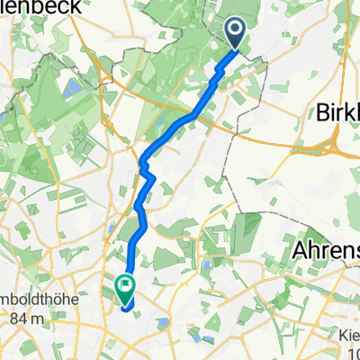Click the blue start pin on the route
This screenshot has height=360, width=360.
[x=236, y=34]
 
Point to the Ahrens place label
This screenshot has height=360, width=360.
[x=326, y=248]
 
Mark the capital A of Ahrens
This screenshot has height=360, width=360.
[x=300, y=248]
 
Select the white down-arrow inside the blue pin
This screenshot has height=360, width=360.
[x=236, y=31]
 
